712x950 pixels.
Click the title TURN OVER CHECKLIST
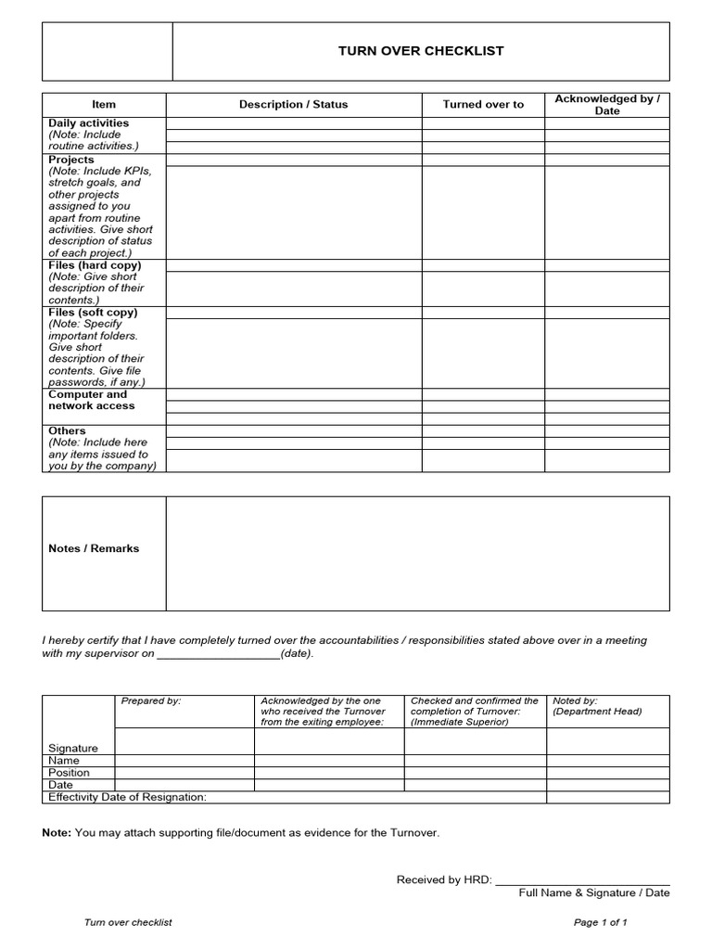[x=421, y=51]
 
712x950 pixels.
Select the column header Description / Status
[x=293, y=105]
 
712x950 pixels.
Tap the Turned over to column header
[x=483, y=105]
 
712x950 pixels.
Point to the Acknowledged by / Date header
[x=606, y=105]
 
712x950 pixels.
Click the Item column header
[x=104, y=105]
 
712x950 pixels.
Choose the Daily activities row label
[x=89, y=122]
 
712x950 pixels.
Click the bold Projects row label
[x=71, y=160]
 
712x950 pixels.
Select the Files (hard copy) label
[x=95, y=265]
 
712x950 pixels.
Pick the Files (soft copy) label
[x=93, y=313]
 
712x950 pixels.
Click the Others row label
[x=67, y=430]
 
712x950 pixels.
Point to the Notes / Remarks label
[x=94, y=548]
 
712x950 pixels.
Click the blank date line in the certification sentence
[x=218, y=654]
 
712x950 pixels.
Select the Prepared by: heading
[x=151, y=701]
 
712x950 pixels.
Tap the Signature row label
[x=73, y=748]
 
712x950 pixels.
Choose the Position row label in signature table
[x=70, y=773]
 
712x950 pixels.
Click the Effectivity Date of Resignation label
[x=127, y=797]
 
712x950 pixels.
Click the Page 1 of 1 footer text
[x=601, y=922]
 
